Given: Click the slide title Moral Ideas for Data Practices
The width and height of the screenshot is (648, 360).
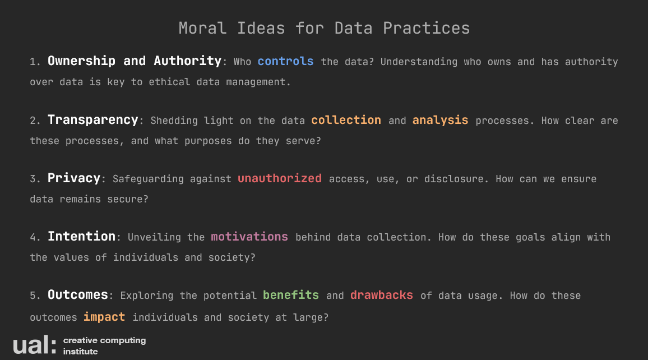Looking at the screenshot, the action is [324, 28].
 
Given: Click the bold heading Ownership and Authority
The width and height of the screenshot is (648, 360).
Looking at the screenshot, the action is [135, 61].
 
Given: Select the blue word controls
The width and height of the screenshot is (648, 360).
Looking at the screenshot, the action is [285, 62].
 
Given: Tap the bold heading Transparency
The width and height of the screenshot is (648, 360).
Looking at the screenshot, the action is [93, 120].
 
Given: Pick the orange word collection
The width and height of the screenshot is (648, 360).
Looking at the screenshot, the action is [346, 120].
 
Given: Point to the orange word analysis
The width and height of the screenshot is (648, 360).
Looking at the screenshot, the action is [440, 120].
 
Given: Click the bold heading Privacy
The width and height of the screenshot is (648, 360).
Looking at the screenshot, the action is [74, 178].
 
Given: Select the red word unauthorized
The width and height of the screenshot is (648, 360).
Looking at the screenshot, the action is [279, 178].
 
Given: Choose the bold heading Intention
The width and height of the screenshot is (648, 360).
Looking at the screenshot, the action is [81, 237].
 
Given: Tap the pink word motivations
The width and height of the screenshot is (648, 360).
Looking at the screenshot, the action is [249, 237].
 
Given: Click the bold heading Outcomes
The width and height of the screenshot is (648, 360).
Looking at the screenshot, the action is [78, 295].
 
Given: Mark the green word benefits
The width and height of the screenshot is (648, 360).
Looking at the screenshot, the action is [291, 295].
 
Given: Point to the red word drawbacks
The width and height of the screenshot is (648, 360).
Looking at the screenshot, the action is [381, 295].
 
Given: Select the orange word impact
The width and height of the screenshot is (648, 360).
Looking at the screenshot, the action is [104, 317].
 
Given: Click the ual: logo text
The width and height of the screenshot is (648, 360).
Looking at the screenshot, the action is [35, 345].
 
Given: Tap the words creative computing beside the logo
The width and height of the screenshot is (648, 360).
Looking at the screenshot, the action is [105, 340].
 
